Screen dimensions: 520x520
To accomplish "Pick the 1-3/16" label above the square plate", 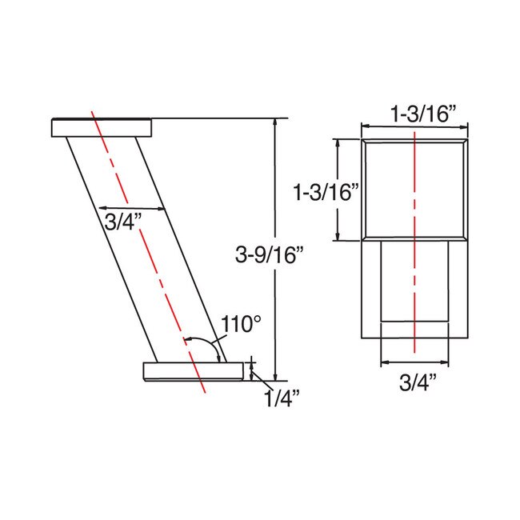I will [414, 114].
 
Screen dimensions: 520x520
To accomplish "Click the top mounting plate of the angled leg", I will [102, 127].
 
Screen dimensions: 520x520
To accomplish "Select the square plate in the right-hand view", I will [414, 189].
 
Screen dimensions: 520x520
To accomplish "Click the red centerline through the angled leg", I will [144, 240].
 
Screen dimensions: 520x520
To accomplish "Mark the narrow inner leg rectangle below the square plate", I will [414, 280].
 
